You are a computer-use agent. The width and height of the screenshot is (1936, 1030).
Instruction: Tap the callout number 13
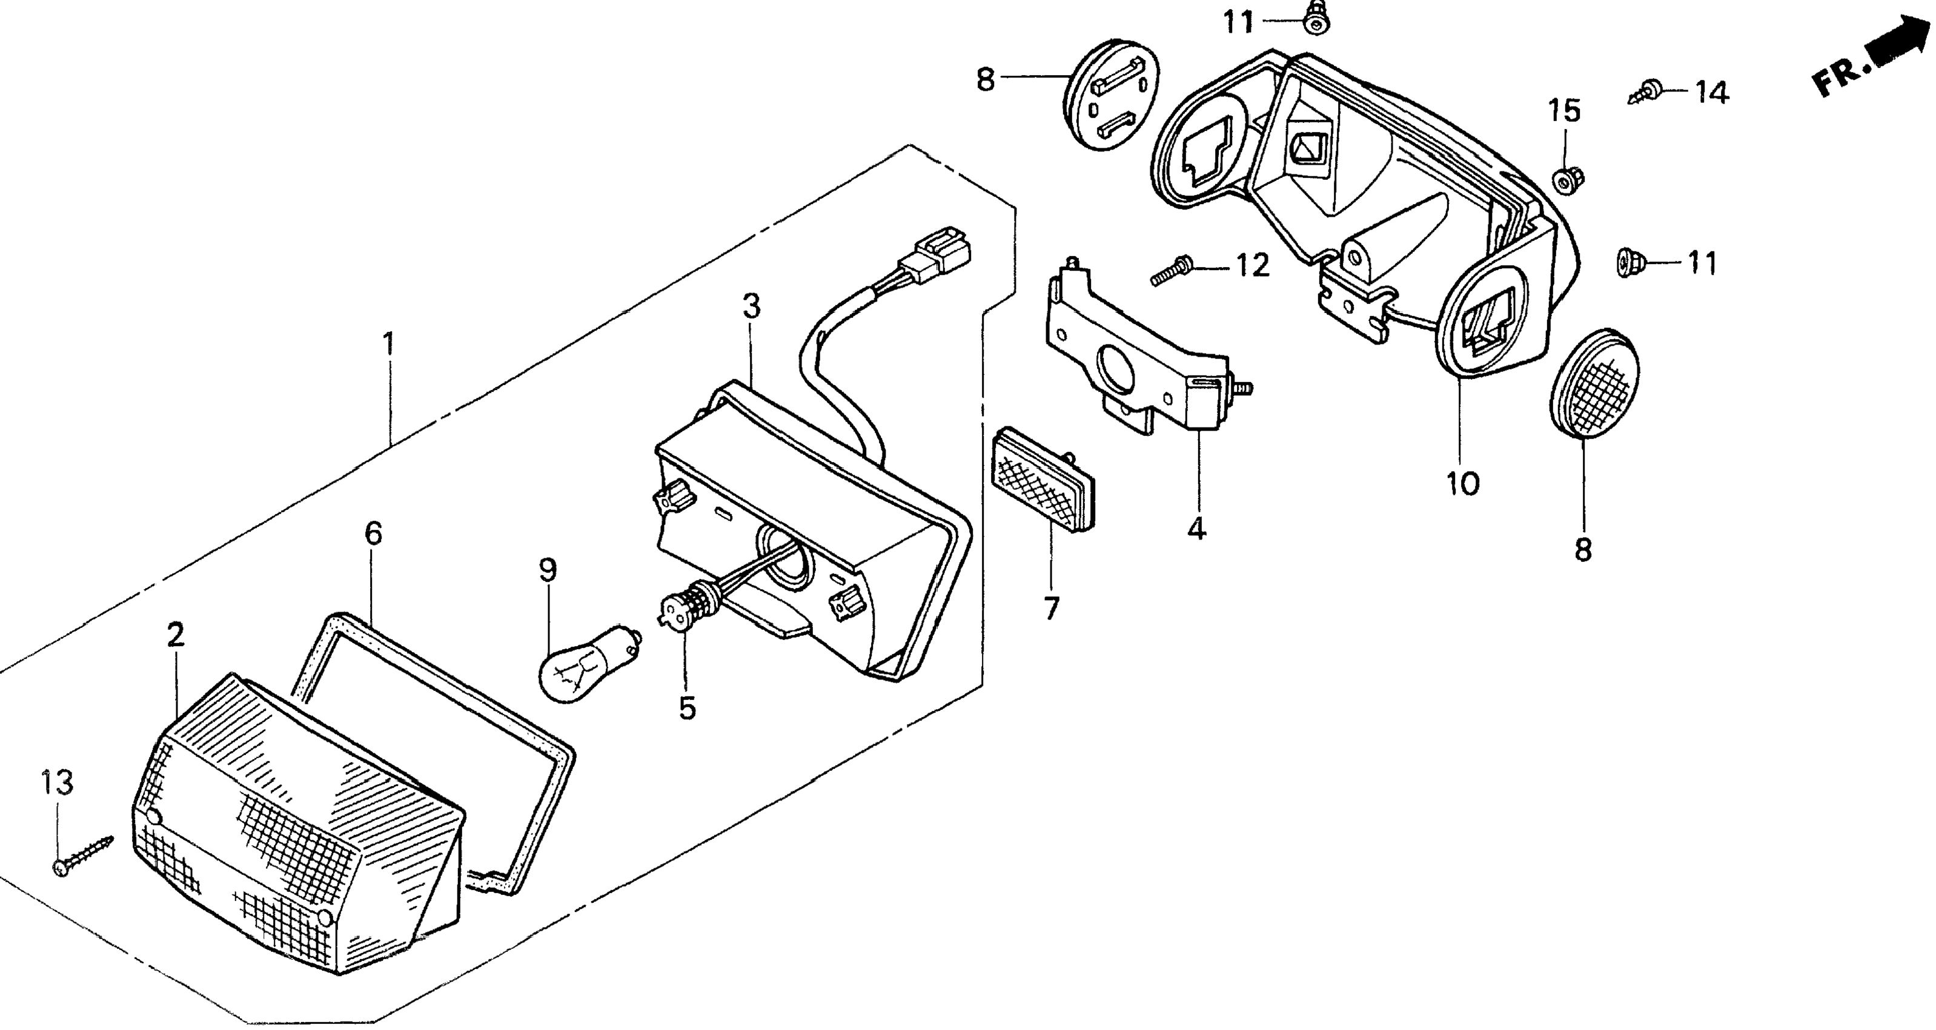57,783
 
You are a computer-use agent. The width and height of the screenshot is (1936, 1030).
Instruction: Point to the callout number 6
374,534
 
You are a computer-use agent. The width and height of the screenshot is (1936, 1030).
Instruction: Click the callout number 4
1196,529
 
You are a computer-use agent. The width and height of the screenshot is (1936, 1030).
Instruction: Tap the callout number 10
1462,484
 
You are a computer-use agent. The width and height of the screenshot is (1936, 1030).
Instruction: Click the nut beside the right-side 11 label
1628,263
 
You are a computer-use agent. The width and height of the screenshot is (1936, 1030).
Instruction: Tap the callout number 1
388,345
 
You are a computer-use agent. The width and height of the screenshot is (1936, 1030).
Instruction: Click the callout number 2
175,635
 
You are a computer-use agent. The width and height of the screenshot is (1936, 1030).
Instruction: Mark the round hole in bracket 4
1118,368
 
